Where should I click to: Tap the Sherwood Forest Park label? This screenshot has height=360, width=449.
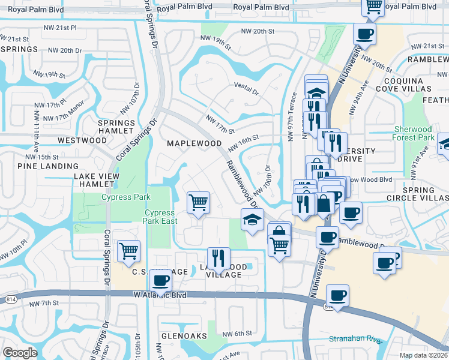415,133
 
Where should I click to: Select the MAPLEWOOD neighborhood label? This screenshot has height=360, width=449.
194,143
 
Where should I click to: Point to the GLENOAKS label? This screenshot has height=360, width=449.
184,335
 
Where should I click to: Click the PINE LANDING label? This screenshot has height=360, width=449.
48,166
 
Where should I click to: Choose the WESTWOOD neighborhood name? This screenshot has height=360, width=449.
82,140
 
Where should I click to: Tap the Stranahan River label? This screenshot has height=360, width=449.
355,340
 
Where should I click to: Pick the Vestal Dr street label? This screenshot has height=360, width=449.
246,92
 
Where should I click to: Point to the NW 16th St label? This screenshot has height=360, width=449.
243,143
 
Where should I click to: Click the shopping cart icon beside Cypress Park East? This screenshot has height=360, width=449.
199,202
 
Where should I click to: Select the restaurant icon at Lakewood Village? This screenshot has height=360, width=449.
219,259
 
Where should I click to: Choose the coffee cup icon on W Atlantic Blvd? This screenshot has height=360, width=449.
338,295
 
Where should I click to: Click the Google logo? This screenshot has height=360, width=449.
20,353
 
